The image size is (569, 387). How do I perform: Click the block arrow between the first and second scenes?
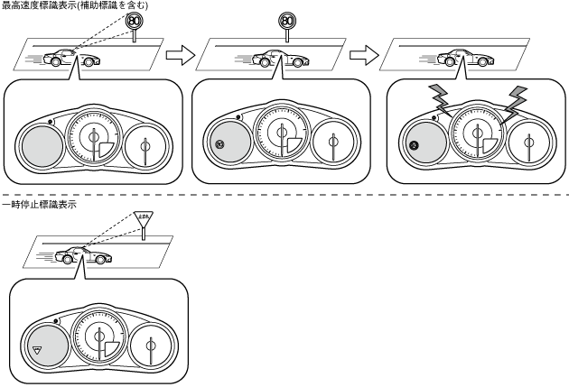[182, 57]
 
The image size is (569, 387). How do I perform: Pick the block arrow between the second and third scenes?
[363, 57]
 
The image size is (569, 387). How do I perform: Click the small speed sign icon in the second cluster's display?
[219, 144]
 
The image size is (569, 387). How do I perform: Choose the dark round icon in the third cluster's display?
[415, 144]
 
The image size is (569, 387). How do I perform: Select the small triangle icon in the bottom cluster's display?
[38, 347]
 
